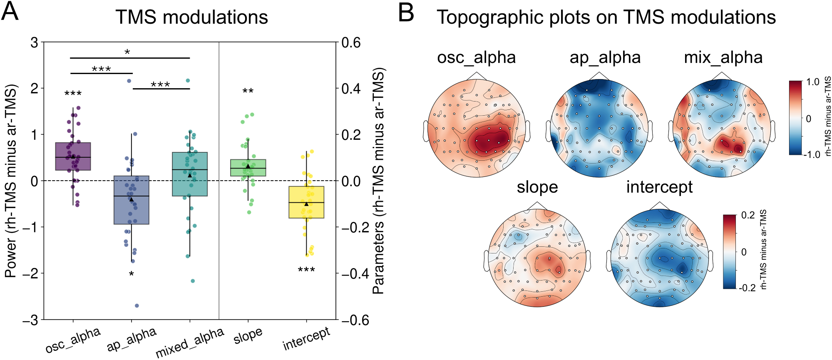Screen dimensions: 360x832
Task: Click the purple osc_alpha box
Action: click(x=73, y=156)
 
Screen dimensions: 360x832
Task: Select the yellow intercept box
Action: click(x=306, y=202)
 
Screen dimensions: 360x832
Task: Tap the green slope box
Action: click(x=248, y=168)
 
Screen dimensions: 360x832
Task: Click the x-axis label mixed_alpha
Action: click(x=190, y=343)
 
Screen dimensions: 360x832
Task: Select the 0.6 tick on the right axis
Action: click(x=351, y=42)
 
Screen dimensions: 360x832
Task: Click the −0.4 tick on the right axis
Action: click(x=355, y=273)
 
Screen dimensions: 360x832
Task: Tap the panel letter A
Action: click(x=10, y=12)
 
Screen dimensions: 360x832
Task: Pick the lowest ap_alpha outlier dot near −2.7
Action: click(x=137, y=306)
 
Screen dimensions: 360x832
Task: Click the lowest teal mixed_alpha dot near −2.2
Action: click(x=193, y=281)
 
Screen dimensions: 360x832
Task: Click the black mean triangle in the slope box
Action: click(x=248, y=166)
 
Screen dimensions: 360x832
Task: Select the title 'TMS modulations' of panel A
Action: click(x=191, y=17)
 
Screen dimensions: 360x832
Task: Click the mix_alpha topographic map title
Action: click(x=723, y=57)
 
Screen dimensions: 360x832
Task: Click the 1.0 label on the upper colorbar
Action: click(x=813, y=82)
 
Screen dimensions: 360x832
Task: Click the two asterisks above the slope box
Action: click(x=248, y=91)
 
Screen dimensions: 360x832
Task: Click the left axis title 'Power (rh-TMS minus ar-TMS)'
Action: click(x=11, y=181)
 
